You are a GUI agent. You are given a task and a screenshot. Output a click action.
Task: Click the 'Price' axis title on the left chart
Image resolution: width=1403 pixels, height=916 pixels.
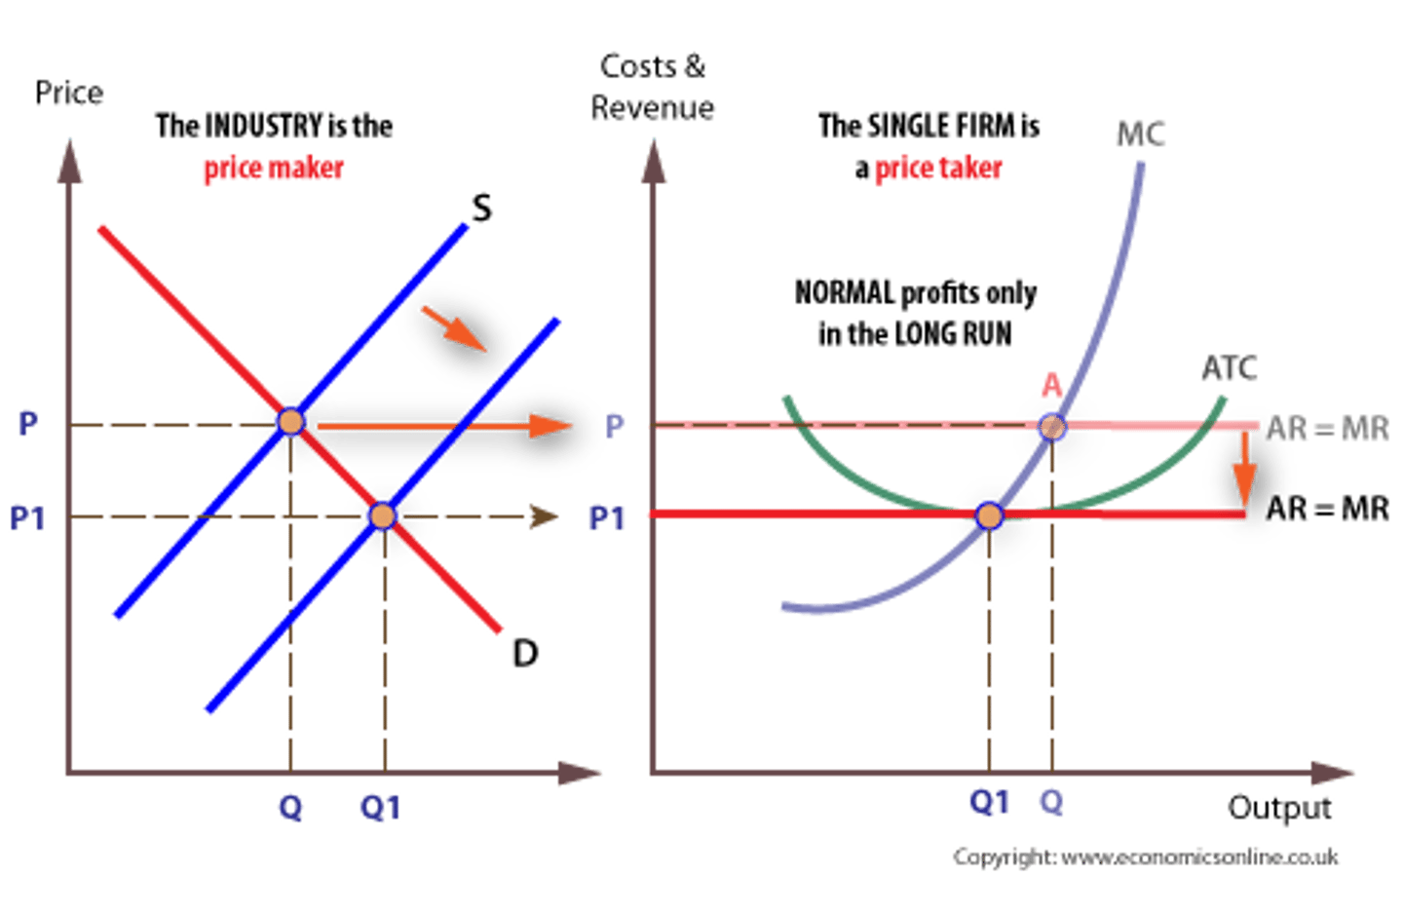69,94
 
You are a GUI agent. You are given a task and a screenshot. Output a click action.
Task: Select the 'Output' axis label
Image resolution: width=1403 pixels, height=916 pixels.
1279,807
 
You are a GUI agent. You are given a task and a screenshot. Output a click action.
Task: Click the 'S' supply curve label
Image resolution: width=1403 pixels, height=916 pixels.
481,208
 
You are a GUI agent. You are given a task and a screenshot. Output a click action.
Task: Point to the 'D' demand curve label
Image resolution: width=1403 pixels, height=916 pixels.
524,653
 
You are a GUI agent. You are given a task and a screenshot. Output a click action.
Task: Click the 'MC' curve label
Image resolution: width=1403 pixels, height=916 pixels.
1140,134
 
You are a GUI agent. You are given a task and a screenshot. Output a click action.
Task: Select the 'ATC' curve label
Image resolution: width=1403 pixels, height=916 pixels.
1230,368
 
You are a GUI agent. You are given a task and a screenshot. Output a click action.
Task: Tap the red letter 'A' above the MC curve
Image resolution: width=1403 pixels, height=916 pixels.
1050,386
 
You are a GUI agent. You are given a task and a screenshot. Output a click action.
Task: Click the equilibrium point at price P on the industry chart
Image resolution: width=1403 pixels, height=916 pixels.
290,421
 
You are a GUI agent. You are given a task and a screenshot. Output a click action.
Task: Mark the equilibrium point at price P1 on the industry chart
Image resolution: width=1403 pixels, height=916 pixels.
382,515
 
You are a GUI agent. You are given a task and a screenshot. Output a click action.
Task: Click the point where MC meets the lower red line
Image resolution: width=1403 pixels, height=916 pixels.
989,515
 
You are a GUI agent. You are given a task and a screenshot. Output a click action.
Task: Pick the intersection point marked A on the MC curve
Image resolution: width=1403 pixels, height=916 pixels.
1051,426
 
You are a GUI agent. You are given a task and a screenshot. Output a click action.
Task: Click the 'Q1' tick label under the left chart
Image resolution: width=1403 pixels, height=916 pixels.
379,807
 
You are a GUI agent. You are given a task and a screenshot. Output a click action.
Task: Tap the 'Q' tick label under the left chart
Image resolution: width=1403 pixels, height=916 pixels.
290,807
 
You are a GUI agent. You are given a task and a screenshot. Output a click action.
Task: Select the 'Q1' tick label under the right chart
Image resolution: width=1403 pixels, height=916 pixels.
989,802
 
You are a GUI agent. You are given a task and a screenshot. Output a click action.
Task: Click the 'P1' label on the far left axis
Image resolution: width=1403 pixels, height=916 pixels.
27,516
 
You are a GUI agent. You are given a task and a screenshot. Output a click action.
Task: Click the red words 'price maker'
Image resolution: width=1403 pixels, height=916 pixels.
273,169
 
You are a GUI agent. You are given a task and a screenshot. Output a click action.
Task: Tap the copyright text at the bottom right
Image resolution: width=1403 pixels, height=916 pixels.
1146,857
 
